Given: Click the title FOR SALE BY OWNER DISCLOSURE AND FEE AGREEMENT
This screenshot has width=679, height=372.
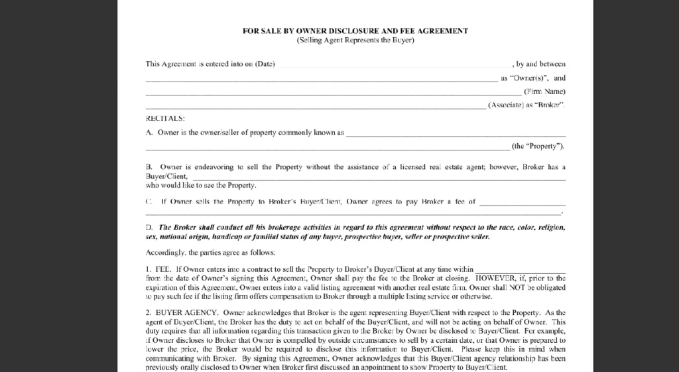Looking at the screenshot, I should tap(355, 31).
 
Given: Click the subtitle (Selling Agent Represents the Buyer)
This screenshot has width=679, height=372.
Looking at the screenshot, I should tap(355, 40).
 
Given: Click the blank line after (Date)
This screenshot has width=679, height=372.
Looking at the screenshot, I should tap(394, 66).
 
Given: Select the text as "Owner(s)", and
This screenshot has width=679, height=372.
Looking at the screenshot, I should tap(533, 78).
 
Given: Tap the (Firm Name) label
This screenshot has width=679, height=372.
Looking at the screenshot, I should tap(544, 92).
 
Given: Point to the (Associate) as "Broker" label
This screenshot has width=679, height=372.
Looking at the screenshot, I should tap(526, 105).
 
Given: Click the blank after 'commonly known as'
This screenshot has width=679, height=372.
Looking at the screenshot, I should tap(456, 133).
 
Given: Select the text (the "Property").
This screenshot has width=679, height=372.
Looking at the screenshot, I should tap(538, 146).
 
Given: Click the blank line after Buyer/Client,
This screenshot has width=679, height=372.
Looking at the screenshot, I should tap(378, 178).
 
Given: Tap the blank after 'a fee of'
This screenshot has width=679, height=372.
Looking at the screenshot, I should tap(522, 202).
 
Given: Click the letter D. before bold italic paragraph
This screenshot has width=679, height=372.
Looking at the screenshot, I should tap(149, 227).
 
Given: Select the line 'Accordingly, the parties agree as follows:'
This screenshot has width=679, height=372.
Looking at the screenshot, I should tap(211, 253).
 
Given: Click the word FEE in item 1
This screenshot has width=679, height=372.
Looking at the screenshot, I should tap(162, 269).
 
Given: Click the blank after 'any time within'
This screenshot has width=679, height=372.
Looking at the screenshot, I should tap(521, 271).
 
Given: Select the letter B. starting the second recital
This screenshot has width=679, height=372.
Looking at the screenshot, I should tap(149, 167).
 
